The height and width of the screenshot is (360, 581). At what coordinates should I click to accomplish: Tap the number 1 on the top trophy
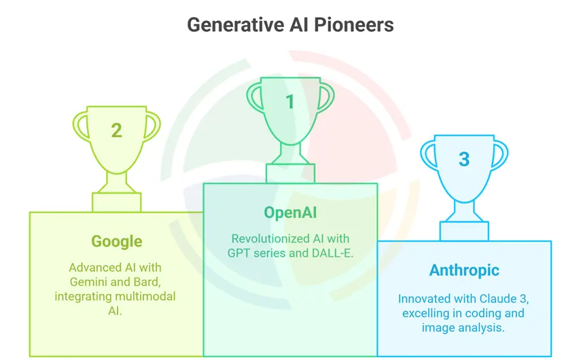coord(290,102)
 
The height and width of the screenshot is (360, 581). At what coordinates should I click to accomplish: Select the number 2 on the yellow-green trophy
coord(116,130)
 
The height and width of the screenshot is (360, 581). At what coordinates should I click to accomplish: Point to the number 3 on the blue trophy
coord(464,160)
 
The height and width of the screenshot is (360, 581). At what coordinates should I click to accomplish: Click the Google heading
coord(116,241)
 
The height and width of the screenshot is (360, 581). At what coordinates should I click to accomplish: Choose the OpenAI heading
coord(290,213)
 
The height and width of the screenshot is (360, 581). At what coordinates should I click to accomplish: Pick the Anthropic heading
coord(464,270)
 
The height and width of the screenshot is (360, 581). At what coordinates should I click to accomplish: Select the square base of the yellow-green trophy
coord(116,202)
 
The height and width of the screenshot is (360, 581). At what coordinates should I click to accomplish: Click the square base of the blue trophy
coord(464,231)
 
